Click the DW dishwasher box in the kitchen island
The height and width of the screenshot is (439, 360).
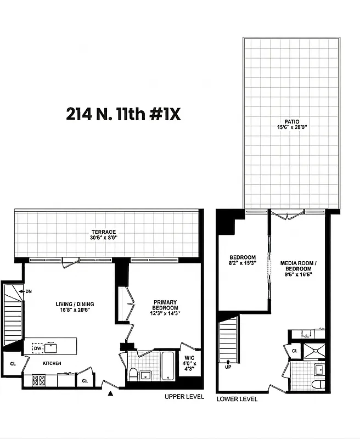(37, 347)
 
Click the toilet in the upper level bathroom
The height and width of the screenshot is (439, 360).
(133, 374)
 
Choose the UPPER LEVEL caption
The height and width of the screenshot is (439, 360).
(184, 396)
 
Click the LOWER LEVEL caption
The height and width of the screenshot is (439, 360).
(237, 399)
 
